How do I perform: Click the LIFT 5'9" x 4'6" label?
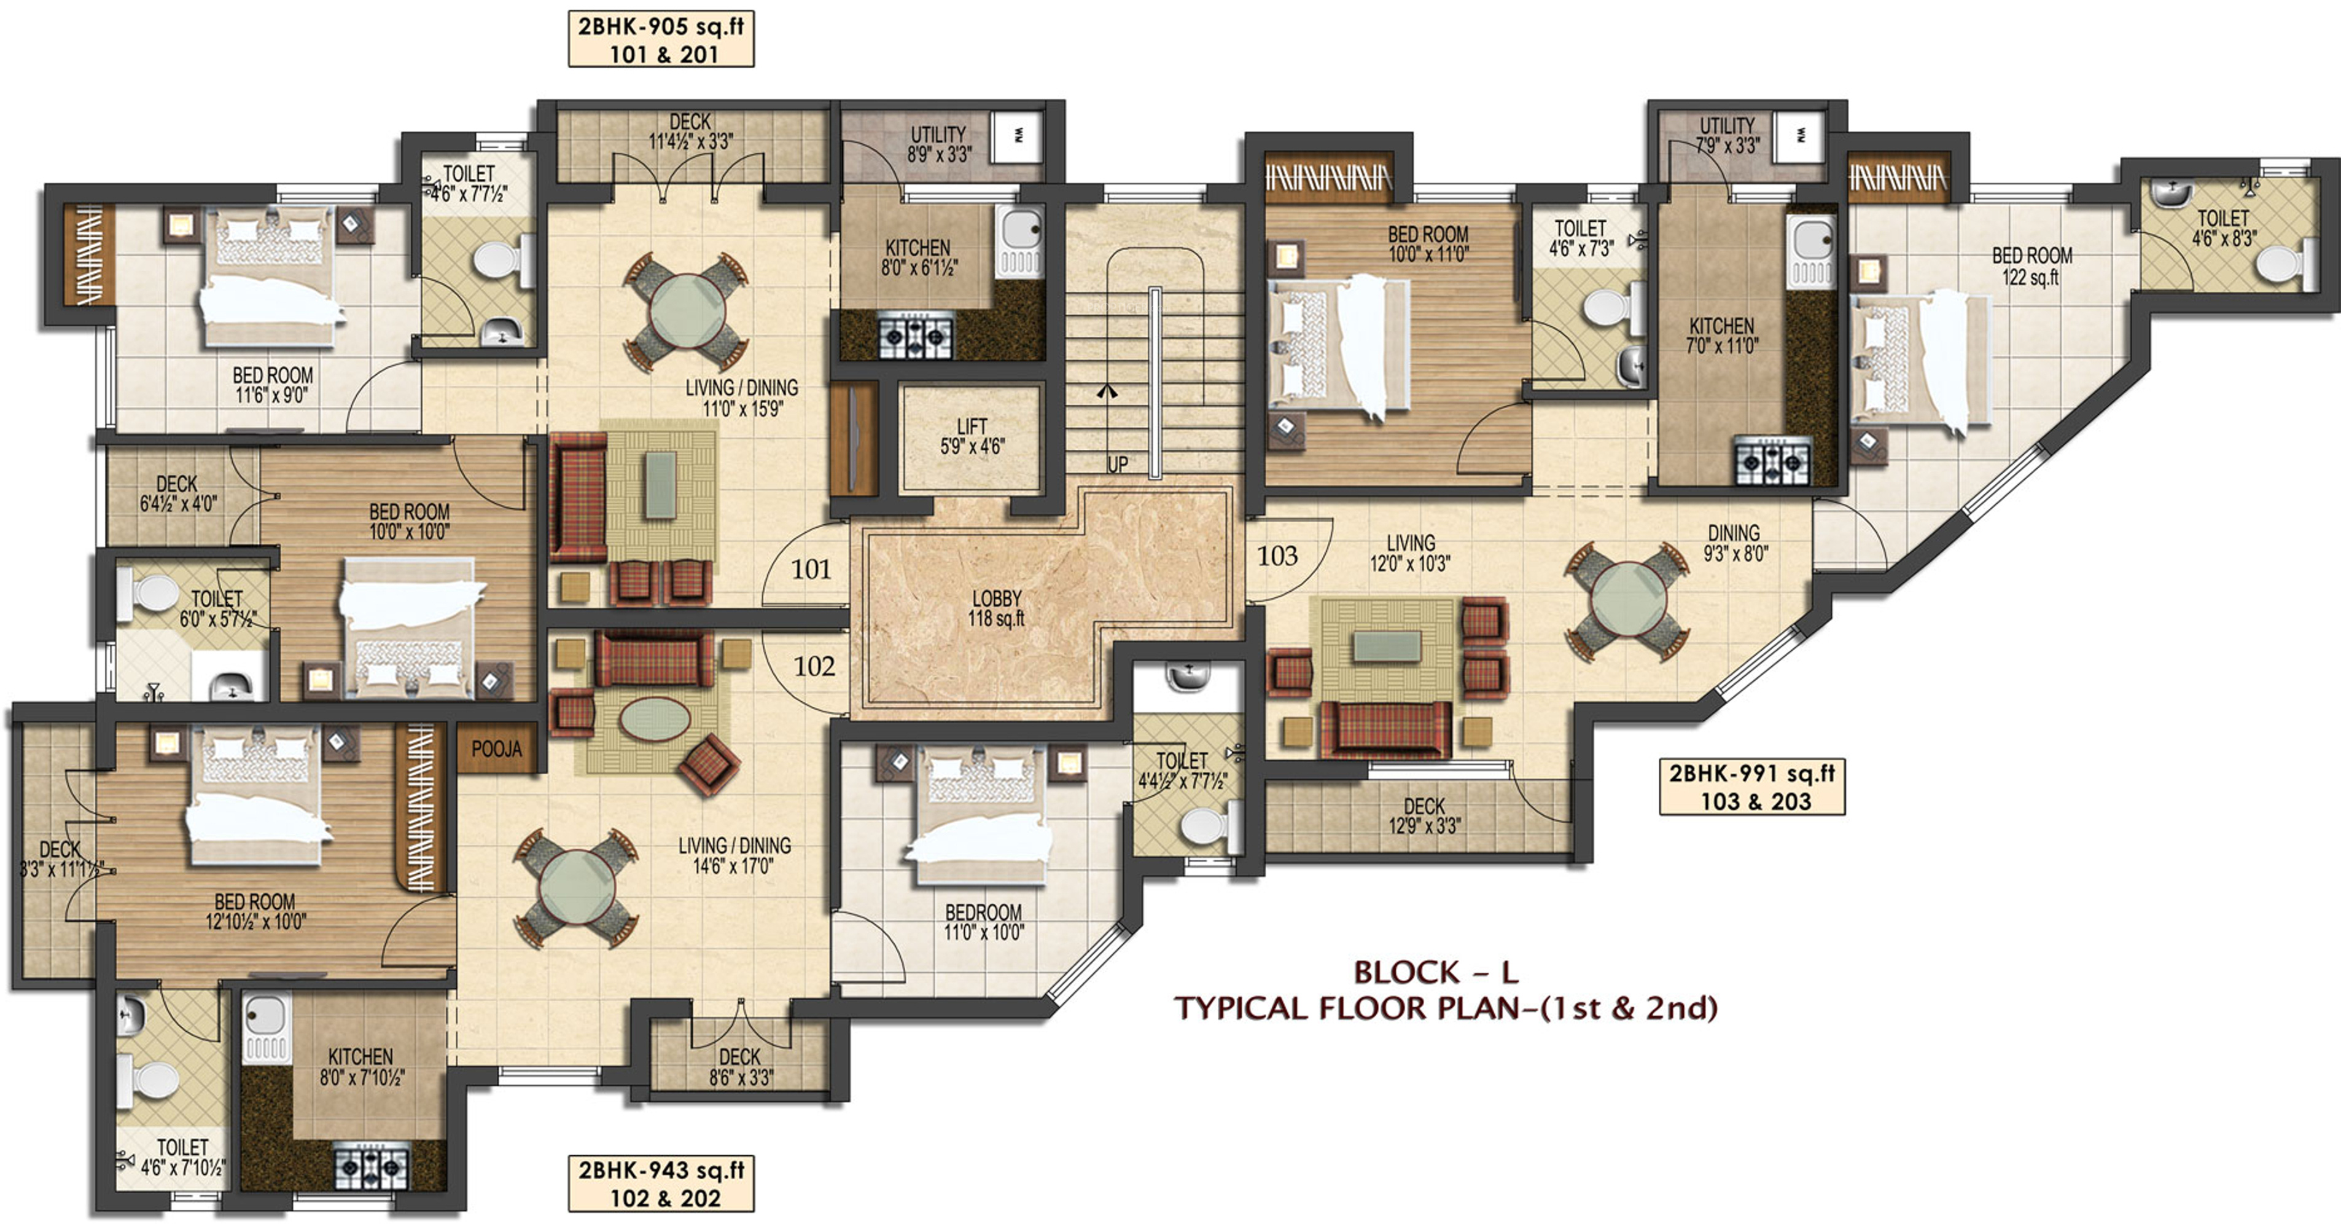pos(972,436)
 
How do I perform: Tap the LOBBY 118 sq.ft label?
pos(996,608)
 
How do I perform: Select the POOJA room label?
pos(496,749)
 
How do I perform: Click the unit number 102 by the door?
pos(814,666)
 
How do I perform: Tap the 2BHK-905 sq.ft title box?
pos(661,39)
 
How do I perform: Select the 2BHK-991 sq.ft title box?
pos(1752,787)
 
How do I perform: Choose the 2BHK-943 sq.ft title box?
pos(661,1183)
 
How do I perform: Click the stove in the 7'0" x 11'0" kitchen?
pos(1772,461)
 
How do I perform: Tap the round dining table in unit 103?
pos(1627,602)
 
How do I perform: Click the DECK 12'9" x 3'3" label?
pos(1424,815)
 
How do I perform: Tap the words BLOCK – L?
pos(1436,973)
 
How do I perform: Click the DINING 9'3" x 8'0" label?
pos(1735,543)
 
